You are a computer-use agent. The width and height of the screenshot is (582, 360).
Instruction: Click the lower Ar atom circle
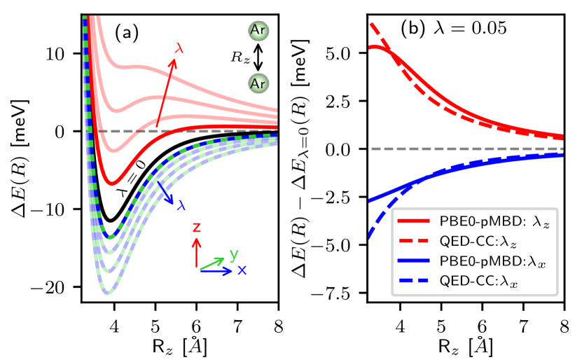pyautogui.click(x=258, y=83)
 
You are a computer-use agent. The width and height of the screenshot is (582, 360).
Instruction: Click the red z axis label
pyautogui.click(x=197, y=228)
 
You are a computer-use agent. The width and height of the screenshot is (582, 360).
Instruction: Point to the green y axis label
pyautogui.click(x=234, y=253)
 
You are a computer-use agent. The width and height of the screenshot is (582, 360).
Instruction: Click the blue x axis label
pyautogui.click(x=241, y=270)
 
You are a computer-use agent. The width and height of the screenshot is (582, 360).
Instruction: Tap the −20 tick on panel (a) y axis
pyautogui.click(x=61, y=288)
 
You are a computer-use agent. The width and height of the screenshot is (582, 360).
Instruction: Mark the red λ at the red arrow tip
pyautogui.click(x=181, y=50)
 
